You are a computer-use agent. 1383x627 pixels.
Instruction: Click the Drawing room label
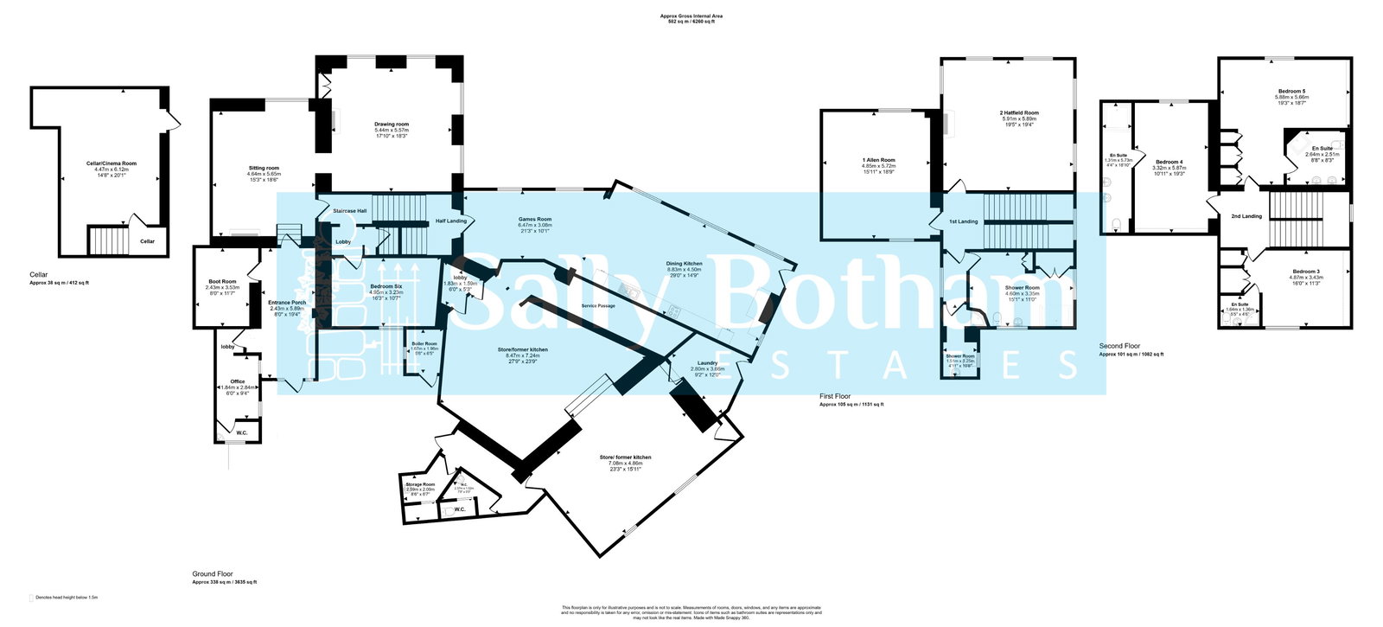click(x=392, y=124)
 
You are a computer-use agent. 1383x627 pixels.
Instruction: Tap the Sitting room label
click(x=263, y=168)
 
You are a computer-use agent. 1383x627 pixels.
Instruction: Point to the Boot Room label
click(x=222, y=281)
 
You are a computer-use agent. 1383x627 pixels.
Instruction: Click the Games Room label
click(x=534, y=220)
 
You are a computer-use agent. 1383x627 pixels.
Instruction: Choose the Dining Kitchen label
click(x=684, y=263)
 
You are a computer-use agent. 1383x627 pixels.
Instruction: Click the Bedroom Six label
click(x=386, y=286)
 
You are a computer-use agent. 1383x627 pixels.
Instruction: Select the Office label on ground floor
click(x=237, y=381)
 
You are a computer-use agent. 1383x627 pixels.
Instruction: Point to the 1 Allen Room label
click(x=878, y=160)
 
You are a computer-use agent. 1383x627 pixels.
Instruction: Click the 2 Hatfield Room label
click(x=1018, y=112)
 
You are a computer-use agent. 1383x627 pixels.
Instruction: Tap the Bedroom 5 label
click(x=1292, y=91)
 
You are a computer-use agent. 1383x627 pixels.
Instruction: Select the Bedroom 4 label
click(x=1169, y=162)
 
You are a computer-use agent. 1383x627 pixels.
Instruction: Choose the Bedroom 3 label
click(x=1305, y=272)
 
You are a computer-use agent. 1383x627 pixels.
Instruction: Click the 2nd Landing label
click(x=1246, y=216)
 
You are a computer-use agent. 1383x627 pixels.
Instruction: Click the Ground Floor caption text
click(x=213, y=573)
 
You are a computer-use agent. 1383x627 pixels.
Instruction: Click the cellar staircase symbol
click(x=108, y=240)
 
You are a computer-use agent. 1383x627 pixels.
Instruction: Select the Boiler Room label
click(x=424, y=343)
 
